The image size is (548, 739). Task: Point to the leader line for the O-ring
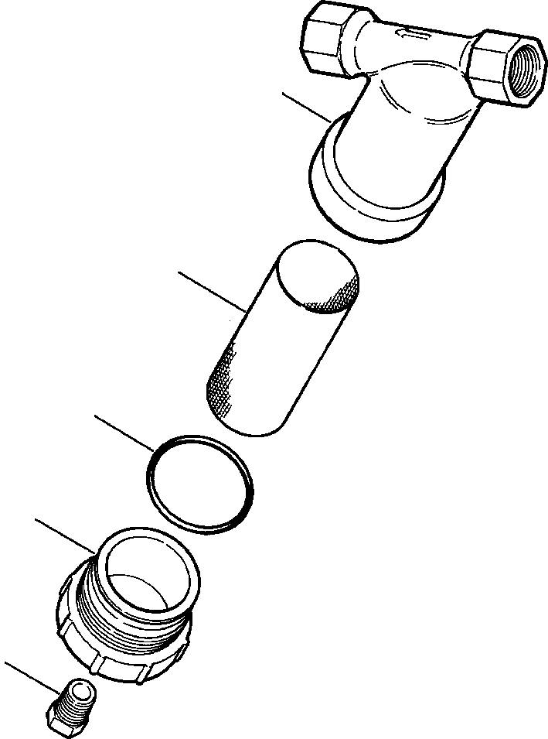124,433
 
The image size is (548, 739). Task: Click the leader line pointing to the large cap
66,535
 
